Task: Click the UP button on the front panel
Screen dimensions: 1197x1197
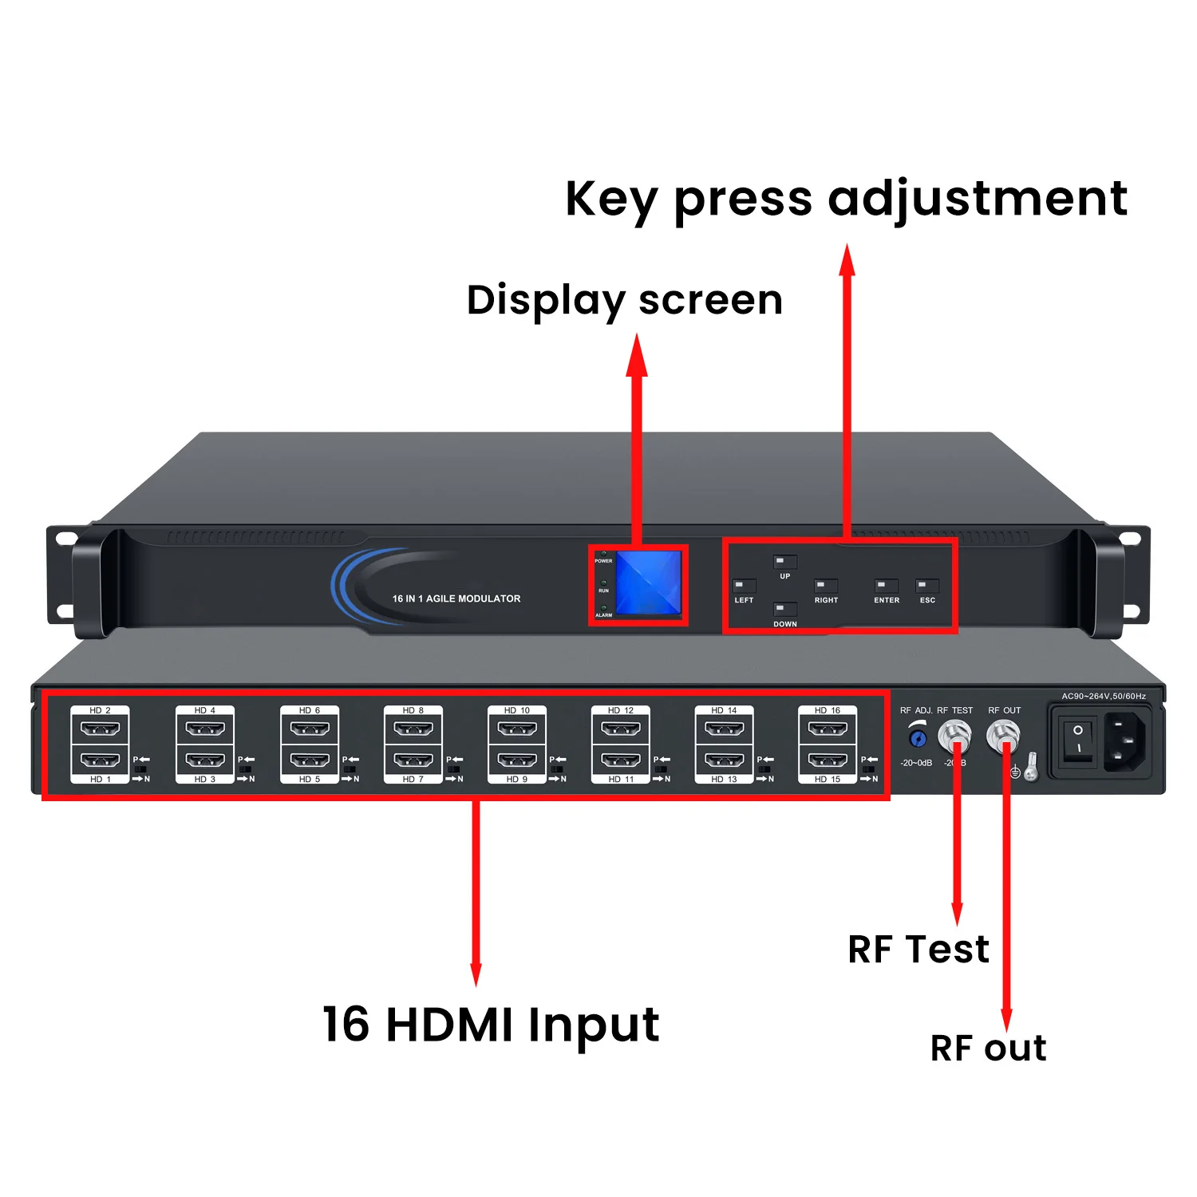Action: click(x=784, y=562)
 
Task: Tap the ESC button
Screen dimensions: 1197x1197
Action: click(x=926, y=586)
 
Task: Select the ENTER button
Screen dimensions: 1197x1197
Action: click(x=886, y=586)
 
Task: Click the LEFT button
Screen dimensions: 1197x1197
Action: click(x=744, y=586)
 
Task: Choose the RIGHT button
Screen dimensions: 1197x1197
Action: click(x=825, y=586)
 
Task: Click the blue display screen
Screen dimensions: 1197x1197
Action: click(x=648, y=583)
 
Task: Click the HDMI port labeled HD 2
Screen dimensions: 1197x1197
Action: click(x=101, y=729)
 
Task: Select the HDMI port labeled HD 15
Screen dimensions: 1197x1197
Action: click(x=828, y=760)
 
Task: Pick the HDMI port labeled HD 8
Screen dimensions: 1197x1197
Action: click(x=413, y=729)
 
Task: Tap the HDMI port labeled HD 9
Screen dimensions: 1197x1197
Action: click(x=517, y=760)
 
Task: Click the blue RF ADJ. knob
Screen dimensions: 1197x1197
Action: click(x=918, y=738)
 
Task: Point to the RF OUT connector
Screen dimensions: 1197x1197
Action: click(x=1002, y=733)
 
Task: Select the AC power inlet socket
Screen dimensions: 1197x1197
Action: click(x=1125, y=741)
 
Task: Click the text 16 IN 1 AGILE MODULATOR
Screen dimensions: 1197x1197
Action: click(x=456, y=598)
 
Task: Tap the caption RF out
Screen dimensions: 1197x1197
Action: click(x=988, y=1048)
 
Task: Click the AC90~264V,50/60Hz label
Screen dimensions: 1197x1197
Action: click(x=1103, y=696)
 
